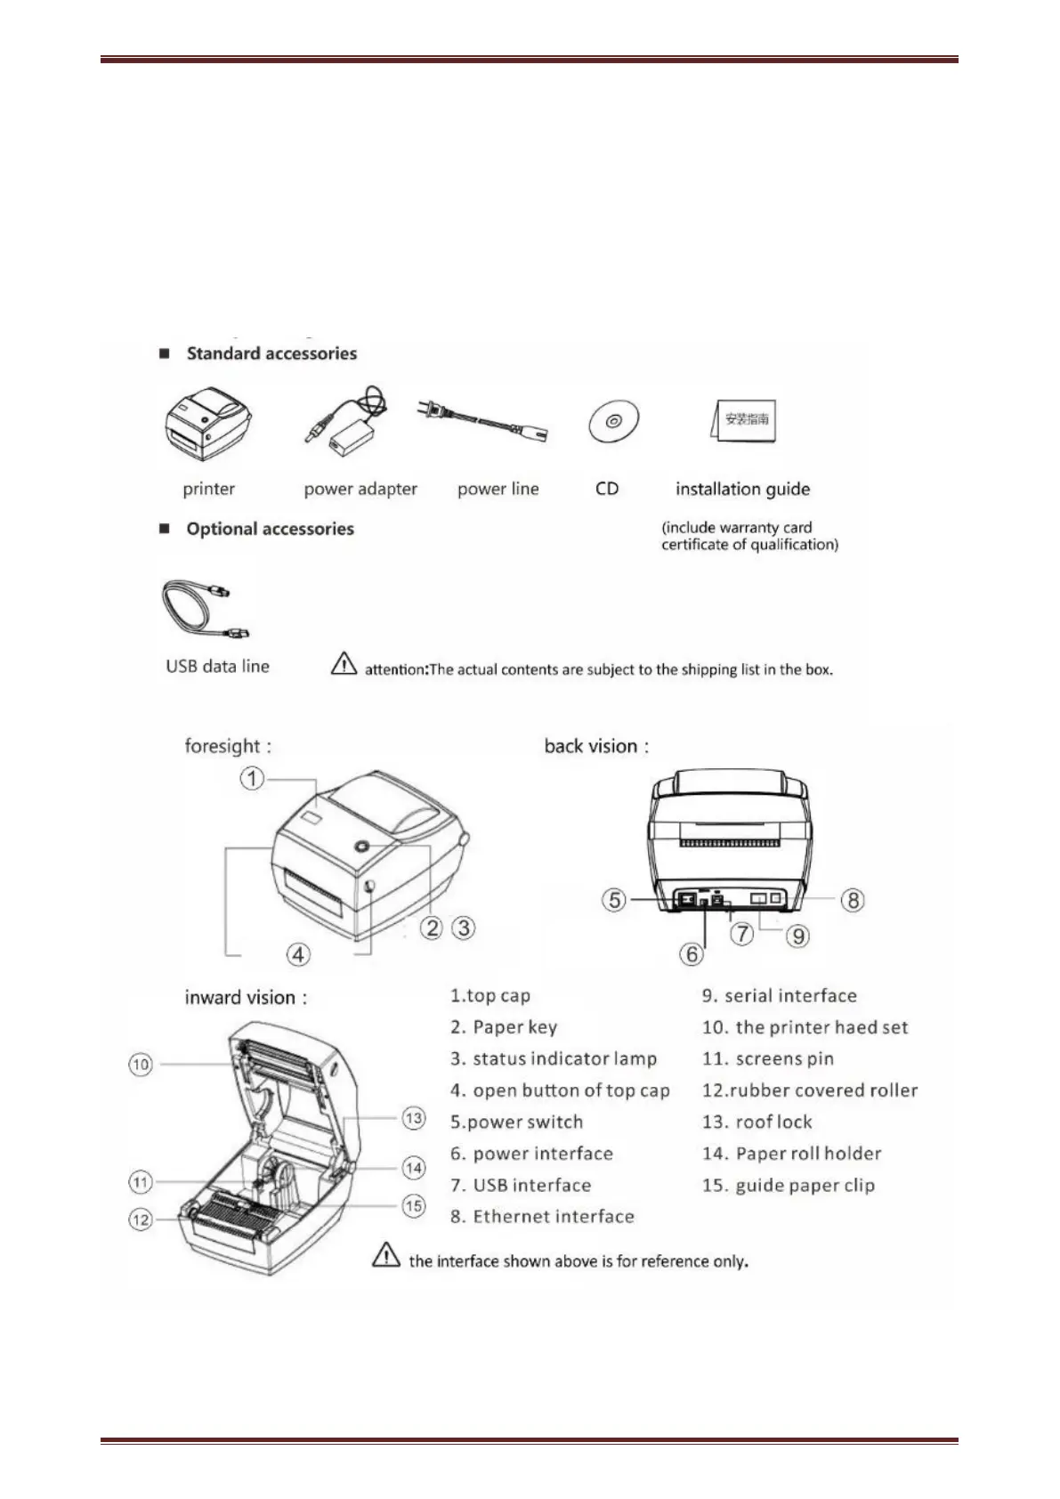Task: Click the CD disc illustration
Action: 613,421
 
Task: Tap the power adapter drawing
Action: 346,423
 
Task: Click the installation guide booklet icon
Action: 744,420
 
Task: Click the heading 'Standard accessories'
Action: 271,353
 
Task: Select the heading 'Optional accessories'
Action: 270,529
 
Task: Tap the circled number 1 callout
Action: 253,779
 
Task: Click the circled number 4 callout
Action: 298,954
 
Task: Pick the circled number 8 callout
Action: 853,900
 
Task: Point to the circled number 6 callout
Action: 692,954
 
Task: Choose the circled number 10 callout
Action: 141,1065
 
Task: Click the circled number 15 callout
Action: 414,1206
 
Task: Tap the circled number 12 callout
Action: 141,1219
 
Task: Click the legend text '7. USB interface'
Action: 521,1185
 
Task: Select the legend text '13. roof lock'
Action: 757,1122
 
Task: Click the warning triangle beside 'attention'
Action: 344,664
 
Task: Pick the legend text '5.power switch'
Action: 516,1122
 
